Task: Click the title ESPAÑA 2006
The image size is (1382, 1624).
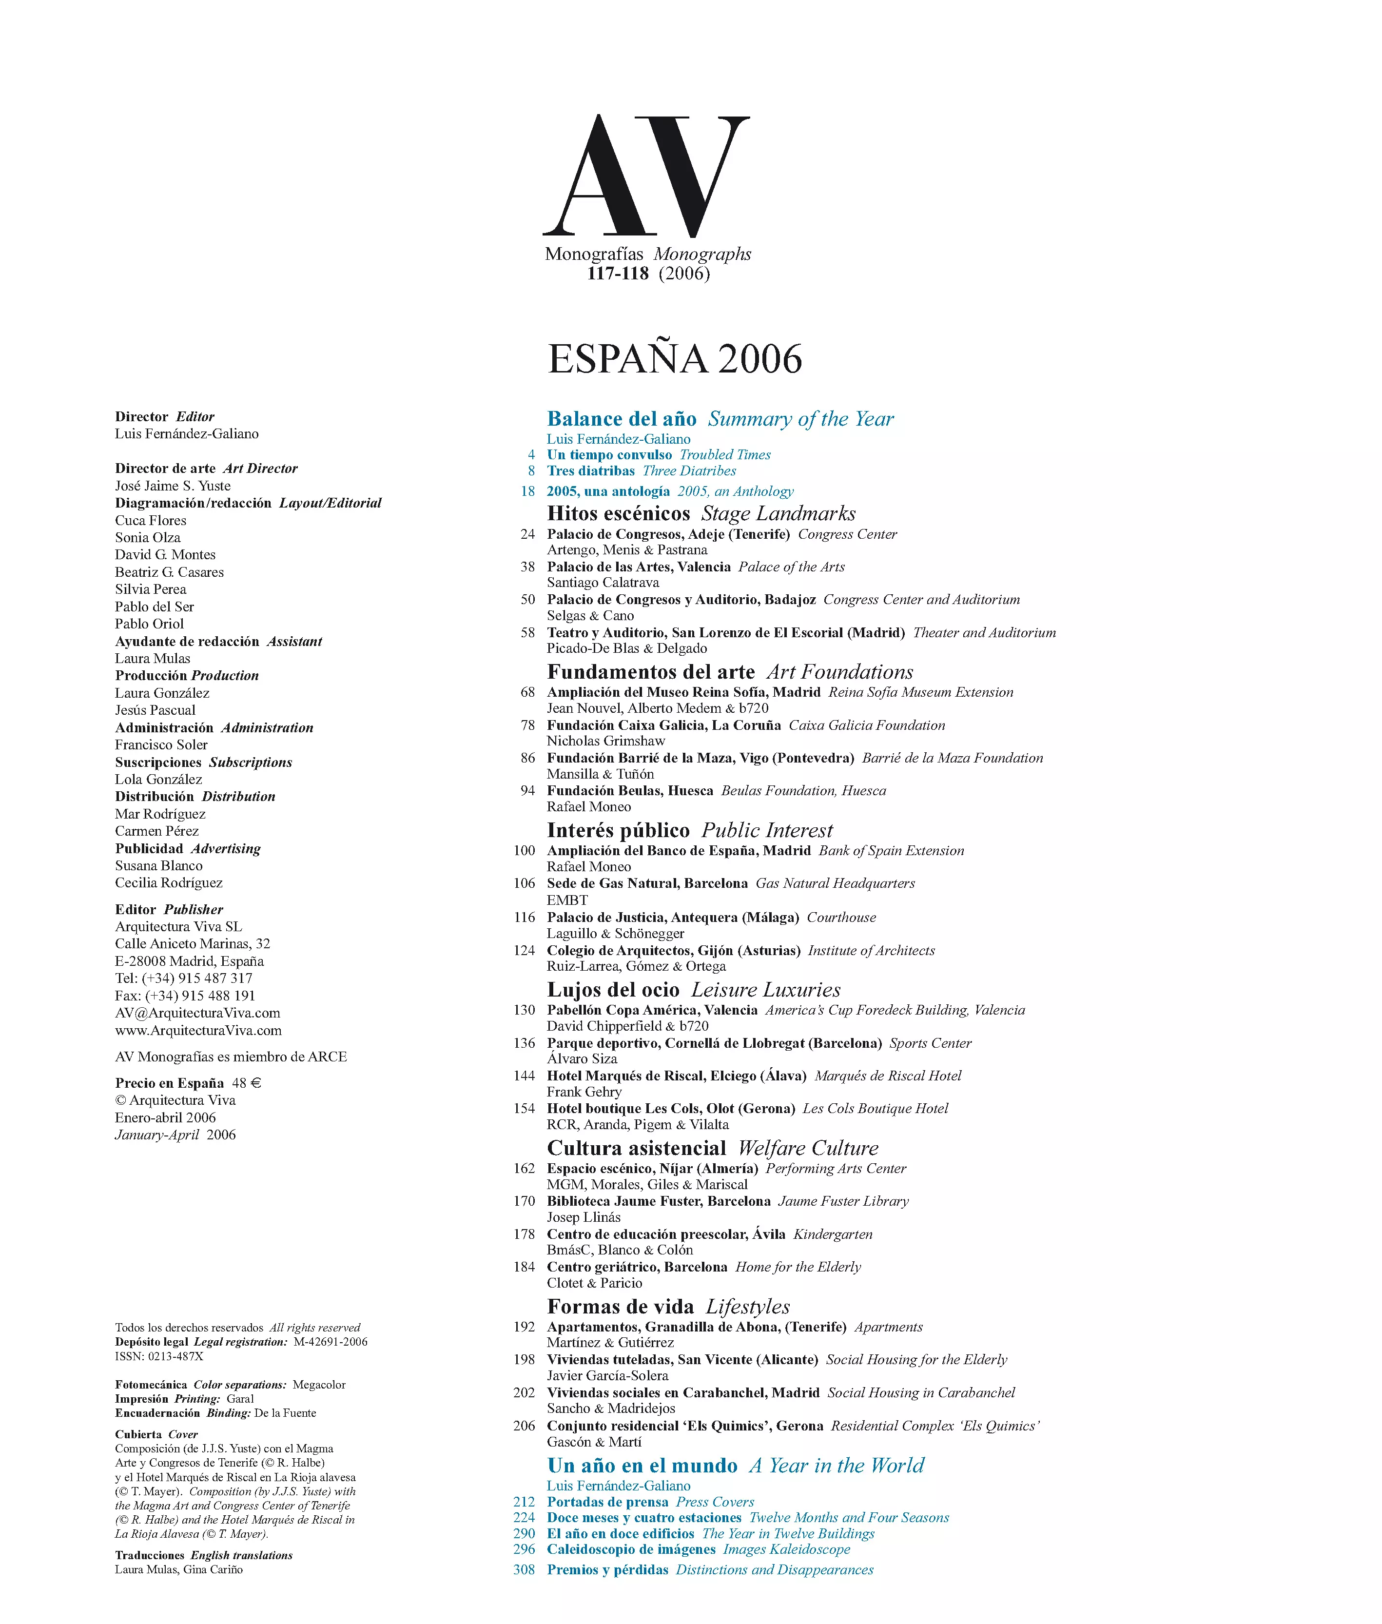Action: click(x=675, y=359)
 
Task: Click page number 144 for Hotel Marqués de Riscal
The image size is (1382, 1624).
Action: click(x=524, y=1076)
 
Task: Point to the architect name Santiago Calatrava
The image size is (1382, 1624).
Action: click(x=603, y=582)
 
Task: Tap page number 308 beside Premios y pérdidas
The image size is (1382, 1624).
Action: click(x=524, y=1569)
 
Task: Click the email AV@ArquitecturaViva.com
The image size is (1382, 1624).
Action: click(x=197, y=1013)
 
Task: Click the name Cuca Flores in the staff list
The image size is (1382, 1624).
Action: click(x=151, y=520)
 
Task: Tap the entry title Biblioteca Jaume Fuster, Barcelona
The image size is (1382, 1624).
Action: click(x=658, y=1201)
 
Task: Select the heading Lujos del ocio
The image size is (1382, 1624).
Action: click(x=613, y=990)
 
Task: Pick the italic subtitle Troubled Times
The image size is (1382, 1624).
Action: click(x=725, y=454)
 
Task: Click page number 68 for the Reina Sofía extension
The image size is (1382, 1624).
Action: click(x=527, y=692)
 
